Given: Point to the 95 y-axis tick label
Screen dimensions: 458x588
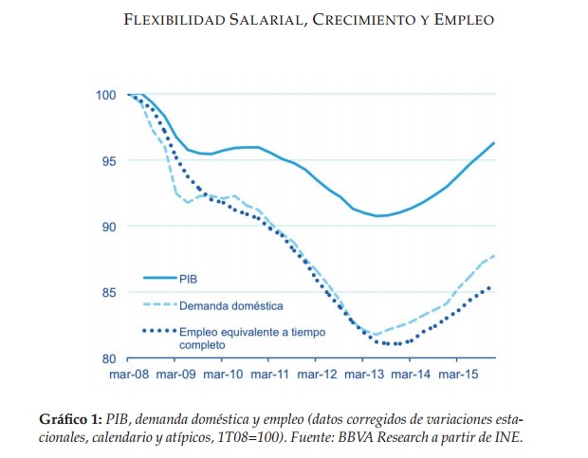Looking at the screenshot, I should tap(107, 160).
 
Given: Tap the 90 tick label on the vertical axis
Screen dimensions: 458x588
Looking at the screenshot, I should tap(107, 227).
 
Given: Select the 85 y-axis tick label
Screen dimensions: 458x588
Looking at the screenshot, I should tap(107, 292).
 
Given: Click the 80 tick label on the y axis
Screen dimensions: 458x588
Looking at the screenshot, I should tap(107, 358).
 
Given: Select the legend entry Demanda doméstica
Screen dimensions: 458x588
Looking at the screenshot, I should tap(230, 305).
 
